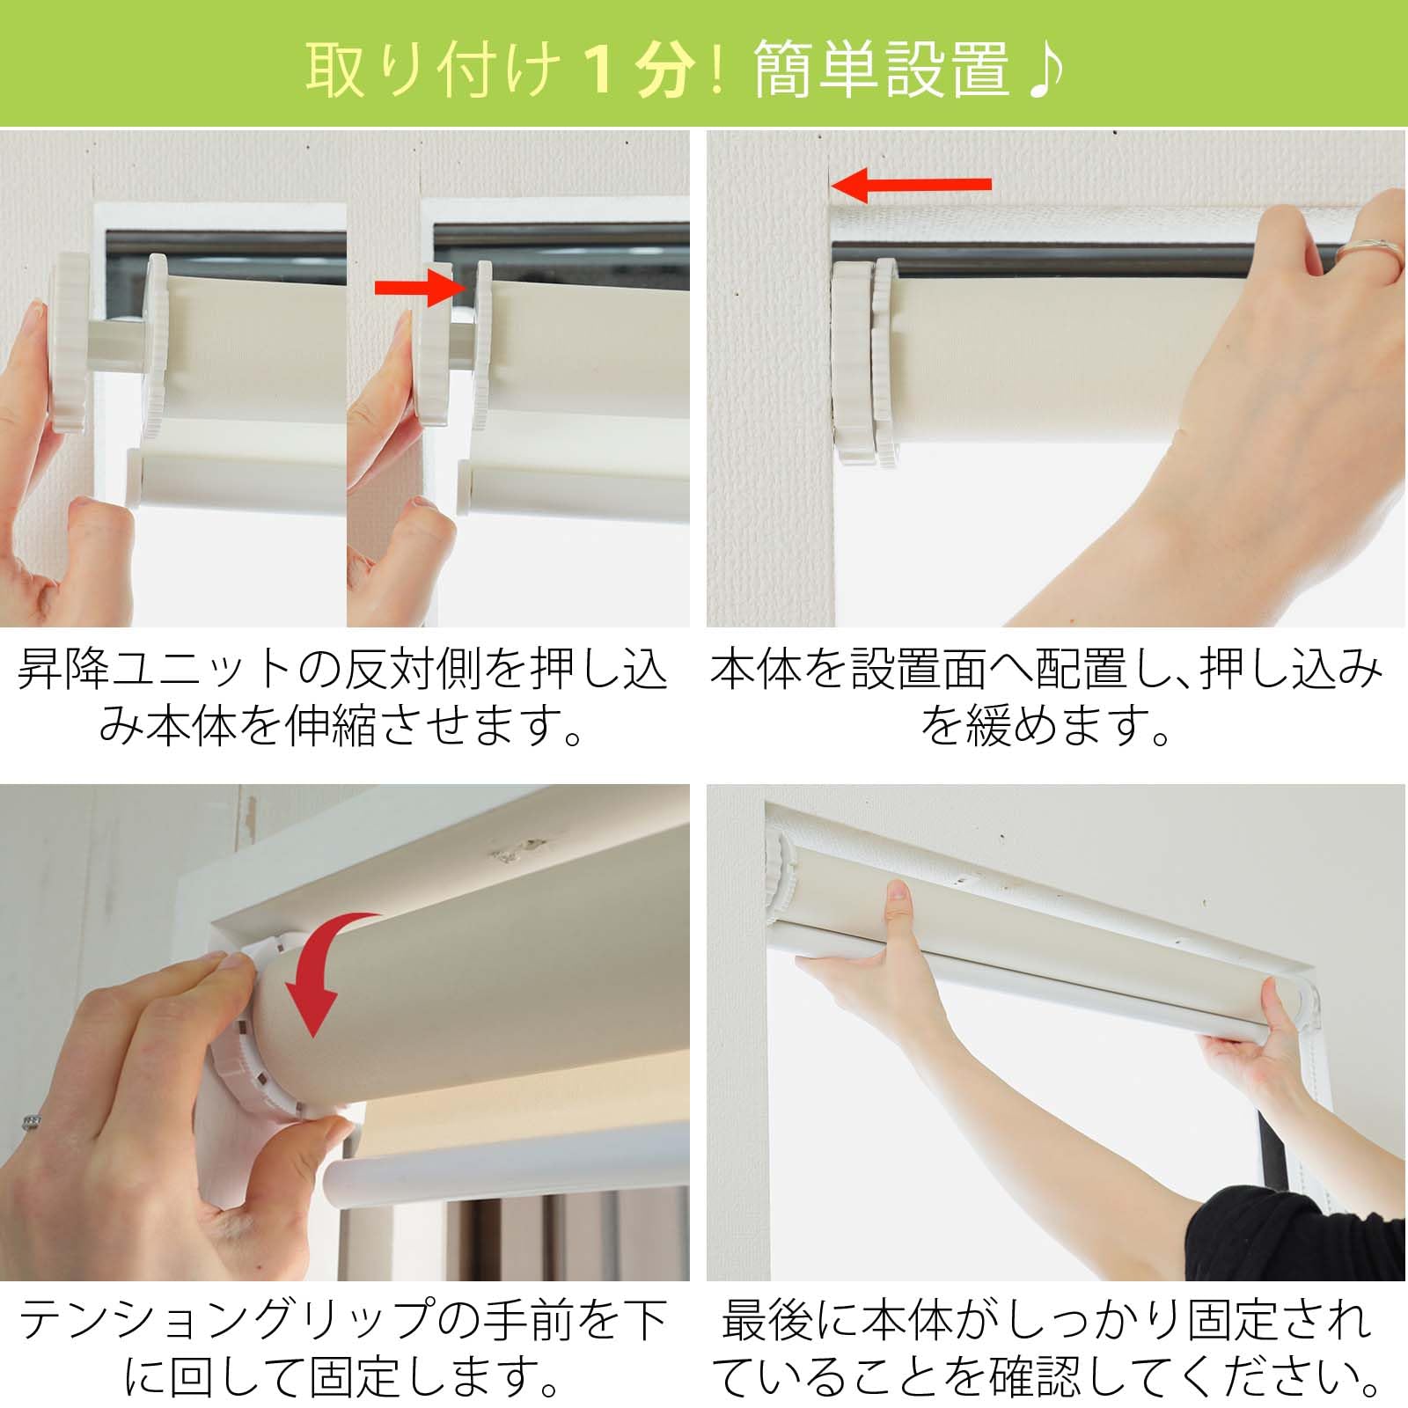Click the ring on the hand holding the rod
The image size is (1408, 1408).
tap(1368, 255)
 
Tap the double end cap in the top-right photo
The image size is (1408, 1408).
tap(864, 361)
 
